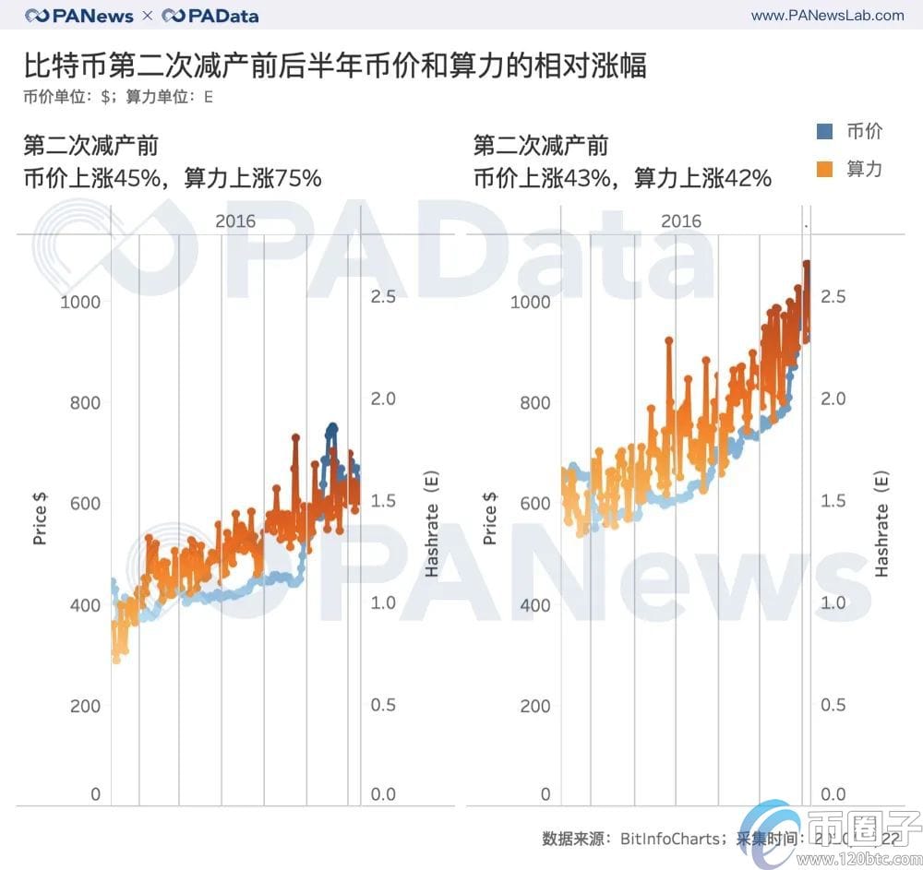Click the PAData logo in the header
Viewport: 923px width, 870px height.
point(210,16)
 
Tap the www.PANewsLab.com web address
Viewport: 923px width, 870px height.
point(827,15)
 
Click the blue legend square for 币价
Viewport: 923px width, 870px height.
point(825,131)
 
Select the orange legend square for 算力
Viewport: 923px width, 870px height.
point(825,169)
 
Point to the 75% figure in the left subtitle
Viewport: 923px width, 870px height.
point(297,178)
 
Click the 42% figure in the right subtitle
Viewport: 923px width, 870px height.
point(748,178)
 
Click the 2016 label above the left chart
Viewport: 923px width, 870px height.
point(235,221)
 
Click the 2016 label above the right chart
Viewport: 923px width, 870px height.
point(681,221)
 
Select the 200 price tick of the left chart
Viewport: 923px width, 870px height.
point(84,706)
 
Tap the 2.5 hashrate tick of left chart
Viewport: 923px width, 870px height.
point(383,296)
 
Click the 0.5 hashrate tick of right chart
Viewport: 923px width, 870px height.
point(833,705)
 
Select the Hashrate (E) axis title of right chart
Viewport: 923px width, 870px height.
point(881,527)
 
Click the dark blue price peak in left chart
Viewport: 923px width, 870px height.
point(331,428)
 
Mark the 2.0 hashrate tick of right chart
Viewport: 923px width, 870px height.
point(833,399)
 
